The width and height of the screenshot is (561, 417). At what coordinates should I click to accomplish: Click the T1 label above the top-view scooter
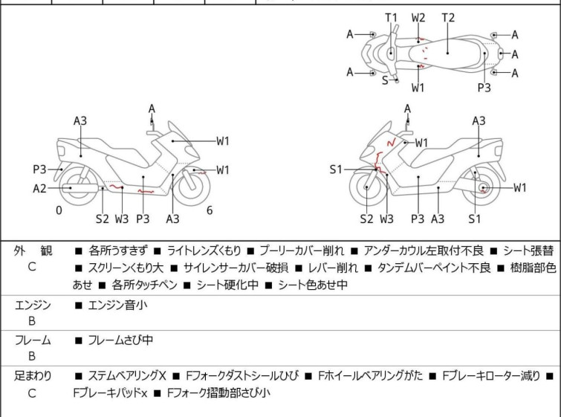click(x=391, y=17)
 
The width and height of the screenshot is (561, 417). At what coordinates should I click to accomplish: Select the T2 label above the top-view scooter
click(x=448, y=17)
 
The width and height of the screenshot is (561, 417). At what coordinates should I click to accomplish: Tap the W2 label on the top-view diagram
click(x=418, y=17)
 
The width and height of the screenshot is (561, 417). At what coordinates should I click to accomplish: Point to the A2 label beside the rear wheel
click(x=39, y=189)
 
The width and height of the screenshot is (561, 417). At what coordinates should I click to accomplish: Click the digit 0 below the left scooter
click(x=59, y=210)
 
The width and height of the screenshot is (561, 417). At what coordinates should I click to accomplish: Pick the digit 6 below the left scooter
click(x=210, y=210)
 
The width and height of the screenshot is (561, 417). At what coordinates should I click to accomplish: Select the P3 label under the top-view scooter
click(x=484, y=88)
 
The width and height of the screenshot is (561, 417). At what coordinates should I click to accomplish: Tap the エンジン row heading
click(x=33, y=304)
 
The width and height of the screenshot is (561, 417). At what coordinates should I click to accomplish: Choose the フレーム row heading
click(x=33, y=340)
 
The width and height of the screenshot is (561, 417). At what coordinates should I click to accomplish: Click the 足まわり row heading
click(x=33, y=376)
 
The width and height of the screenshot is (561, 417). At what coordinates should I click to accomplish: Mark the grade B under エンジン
click(x=32, y=321)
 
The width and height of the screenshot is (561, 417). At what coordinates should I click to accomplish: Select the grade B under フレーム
click(x=32, y=357)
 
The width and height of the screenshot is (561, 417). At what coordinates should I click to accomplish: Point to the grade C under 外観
click(x=32, y=267)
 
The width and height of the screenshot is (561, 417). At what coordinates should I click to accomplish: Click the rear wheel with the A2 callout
click(x=71, y=188)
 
